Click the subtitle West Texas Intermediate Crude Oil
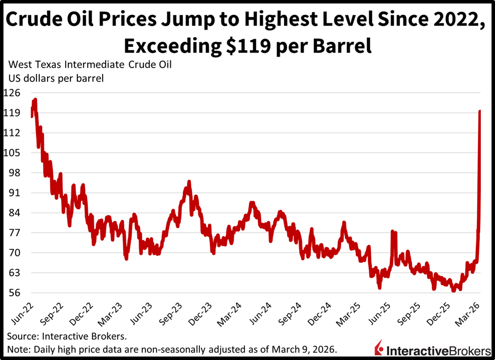click(x=90, y=66)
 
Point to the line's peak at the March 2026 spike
click(x=480, y=111)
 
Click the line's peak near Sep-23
click(x=189, y=182)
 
